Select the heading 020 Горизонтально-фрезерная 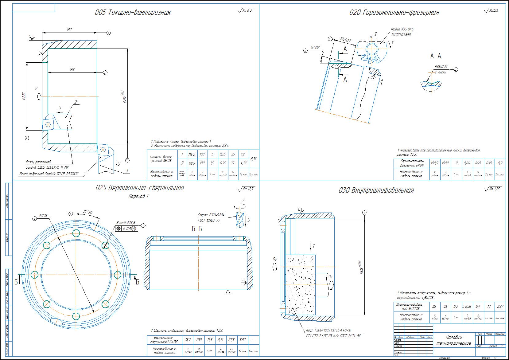coord(394,13)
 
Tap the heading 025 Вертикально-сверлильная coord(140,188)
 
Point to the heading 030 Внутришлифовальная coord(376,190)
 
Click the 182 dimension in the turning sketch coord(69,30)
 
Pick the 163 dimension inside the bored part coord(72,70)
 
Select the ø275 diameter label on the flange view coord(43,216)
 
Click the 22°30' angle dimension coord(88,212)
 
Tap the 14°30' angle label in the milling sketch coord(315,48)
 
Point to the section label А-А coord(436,56)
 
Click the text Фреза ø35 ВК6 coord(402,29)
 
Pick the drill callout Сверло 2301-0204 coord(212,215)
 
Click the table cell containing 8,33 coord(253,159)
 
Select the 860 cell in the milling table coord(477,163)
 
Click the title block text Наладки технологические coord(454,340)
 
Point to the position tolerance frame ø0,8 coord(127,229)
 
